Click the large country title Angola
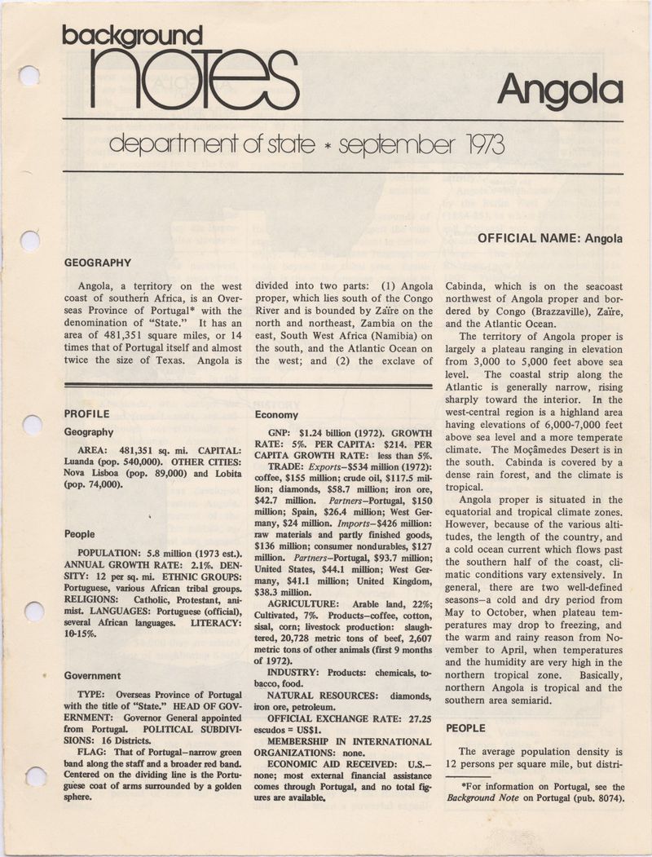561,91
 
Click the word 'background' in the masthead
132,35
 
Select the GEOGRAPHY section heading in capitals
97,263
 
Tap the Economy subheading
277,414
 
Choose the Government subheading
92,675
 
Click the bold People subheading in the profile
80,534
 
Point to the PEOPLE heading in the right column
467,727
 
